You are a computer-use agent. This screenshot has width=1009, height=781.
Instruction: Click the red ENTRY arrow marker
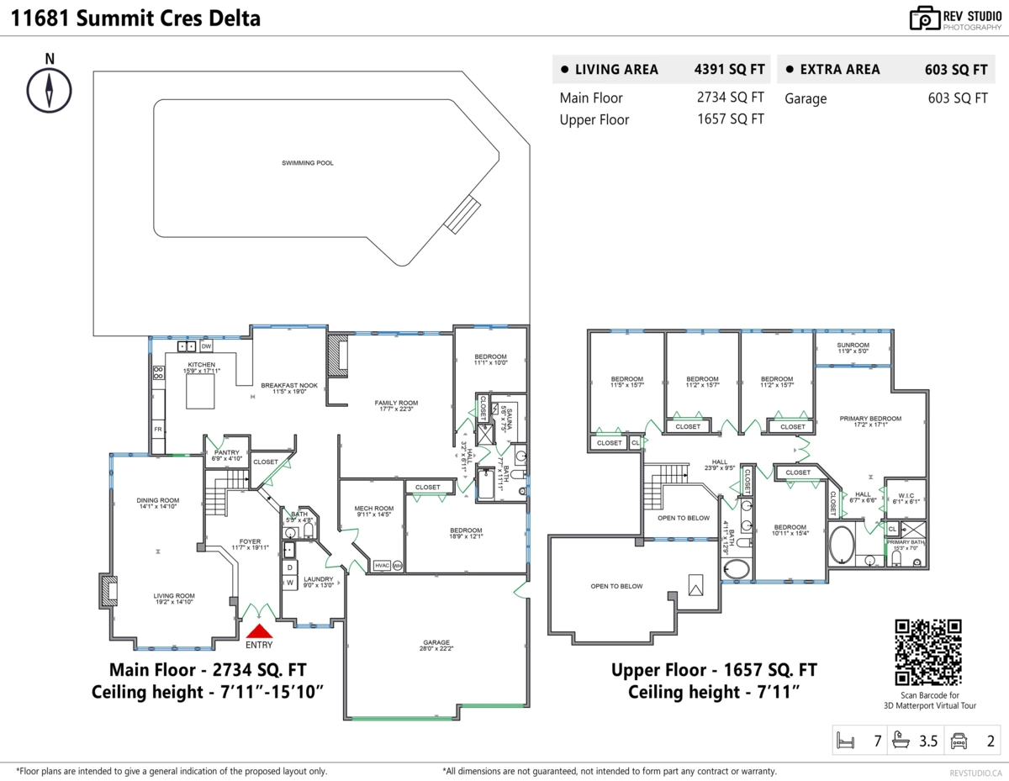tap(260, 631)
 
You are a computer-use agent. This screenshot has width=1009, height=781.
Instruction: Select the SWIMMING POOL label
tap(307, 163)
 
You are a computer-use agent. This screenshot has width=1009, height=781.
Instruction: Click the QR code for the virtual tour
tap(927, 652)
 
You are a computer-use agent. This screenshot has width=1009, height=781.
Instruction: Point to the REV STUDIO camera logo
tap(925, 18)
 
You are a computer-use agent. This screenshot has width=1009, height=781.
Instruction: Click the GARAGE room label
tap(436, 644)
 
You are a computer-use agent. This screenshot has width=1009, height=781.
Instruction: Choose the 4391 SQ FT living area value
tap(729, 70)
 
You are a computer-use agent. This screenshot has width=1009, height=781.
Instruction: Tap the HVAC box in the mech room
tap(382, 565)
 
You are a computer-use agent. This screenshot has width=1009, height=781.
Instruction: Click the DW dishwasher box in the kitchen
tap(206, 346)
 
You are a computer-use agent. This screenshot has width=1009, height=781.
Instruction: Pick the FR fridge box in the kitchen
tap(157, 430)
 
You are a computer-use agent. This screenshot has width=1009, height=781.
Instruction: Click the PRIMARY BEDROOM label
tap(869, 420)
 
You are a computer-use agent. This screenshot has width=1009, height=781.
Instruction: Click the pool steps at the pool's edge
tap(461, 215)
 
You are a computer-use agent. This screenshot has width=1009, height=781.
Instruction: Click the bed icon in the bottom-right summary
tap(845, 741)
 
